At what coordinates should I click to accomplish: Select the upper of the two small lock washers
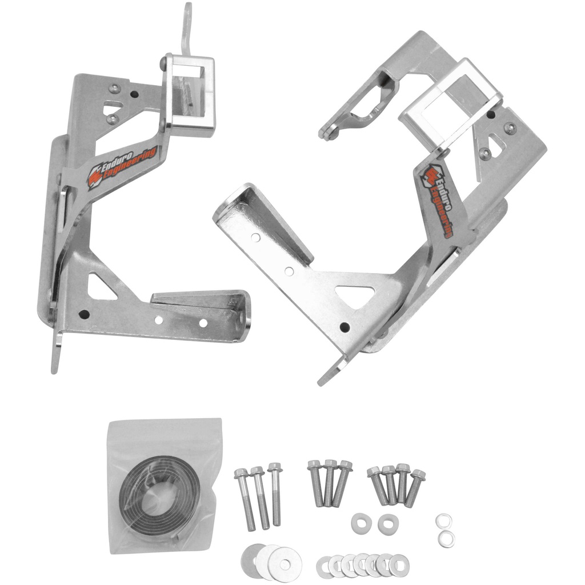pyautogui.click(x=444, y=520)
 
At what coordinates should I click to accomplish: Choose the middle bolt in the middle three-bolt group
pyautogui.click(x=330, y=483)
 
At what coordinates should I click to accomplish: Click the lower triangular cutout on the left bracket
pyautogui.click(x=103, y=285)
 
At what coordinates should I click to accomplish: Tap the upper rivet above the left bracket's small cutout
pyautogui.click(x=114, y=88)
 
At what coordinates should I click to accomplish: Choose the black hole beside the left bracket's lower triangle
pyautogui.click(x=84, y=314)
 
